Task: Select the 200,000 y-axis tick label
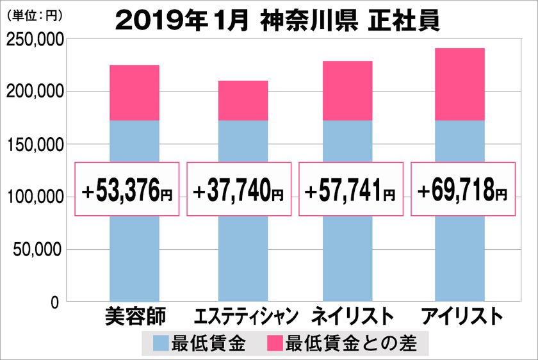[x=35, y=92]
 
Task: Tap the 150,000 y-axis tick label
[x=35, y=145]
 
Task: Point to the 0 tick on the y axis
[x=56, y=301]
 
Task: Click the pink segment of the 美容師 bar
[x=134, y=93]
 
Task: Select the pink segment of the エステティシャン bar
[x=243, y=101]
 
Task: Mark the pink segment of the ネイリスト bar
[x=348, y=91]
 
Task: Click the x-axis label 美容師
[x=134, y=317]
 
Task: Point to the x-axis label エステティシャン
[x=247, y=317]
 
